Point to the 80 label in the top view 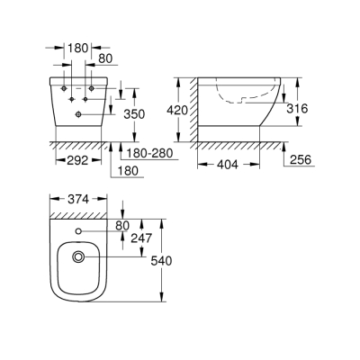123,226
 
